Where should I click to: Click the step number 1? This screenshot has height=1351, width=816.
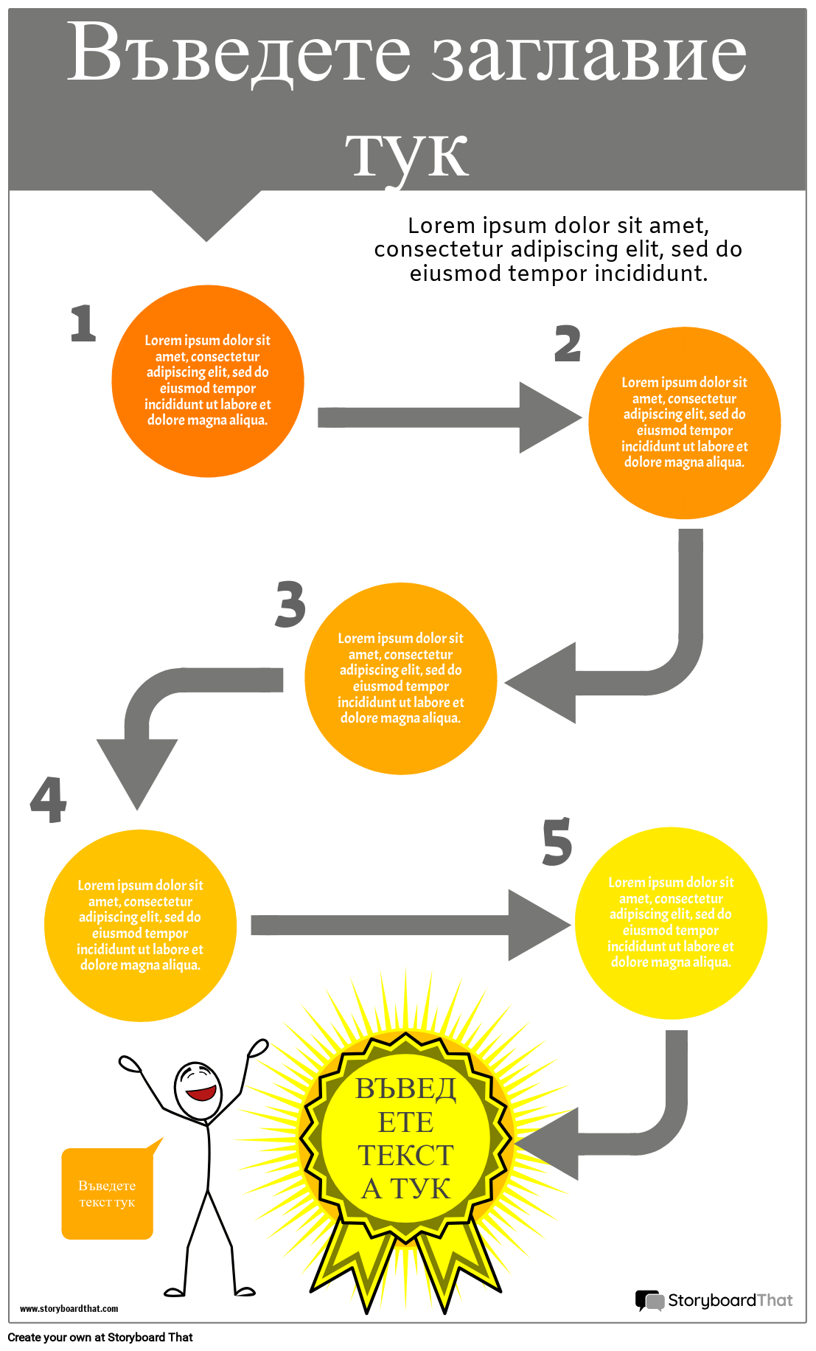83,324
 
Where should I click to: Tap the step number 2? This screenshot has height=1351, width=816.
568,344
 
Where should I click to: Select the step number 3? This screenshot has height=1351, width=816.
290,604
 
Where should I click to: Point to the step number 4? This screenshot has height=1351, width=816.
49,800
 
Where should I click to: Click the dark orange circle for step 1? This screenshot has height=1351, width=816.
208,381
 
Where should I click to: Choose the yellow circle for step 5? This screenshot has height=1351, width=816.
671,923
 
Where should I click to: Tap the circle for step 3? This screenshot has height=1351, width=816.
400,678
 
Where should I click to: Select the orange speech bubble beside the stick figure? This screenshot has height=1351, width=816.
108,1193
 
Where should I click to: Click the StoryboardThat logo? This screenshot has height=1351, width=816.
714,1300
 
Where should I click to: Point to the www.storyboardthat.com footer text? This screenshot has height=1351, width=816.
69,1308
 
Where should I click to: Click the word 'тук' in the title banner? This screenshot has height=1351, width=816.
407,153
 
